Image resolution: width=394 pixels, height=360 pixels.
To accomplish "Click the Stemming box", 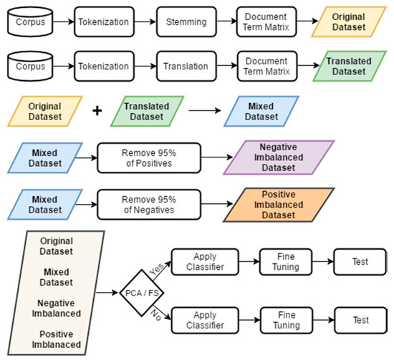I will pos(186,21).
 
